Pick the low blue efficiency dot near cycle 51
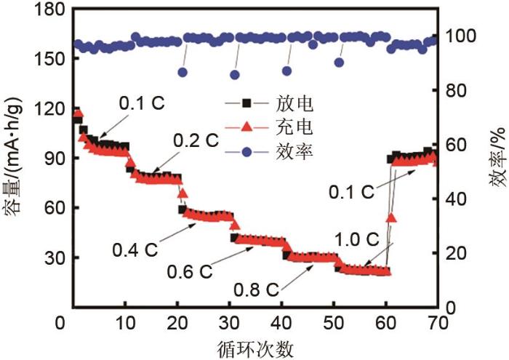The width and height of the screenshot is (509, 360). [x=339, y=62]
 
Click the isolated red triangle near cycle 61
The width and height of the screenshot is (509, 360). [x=391, y=217]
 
